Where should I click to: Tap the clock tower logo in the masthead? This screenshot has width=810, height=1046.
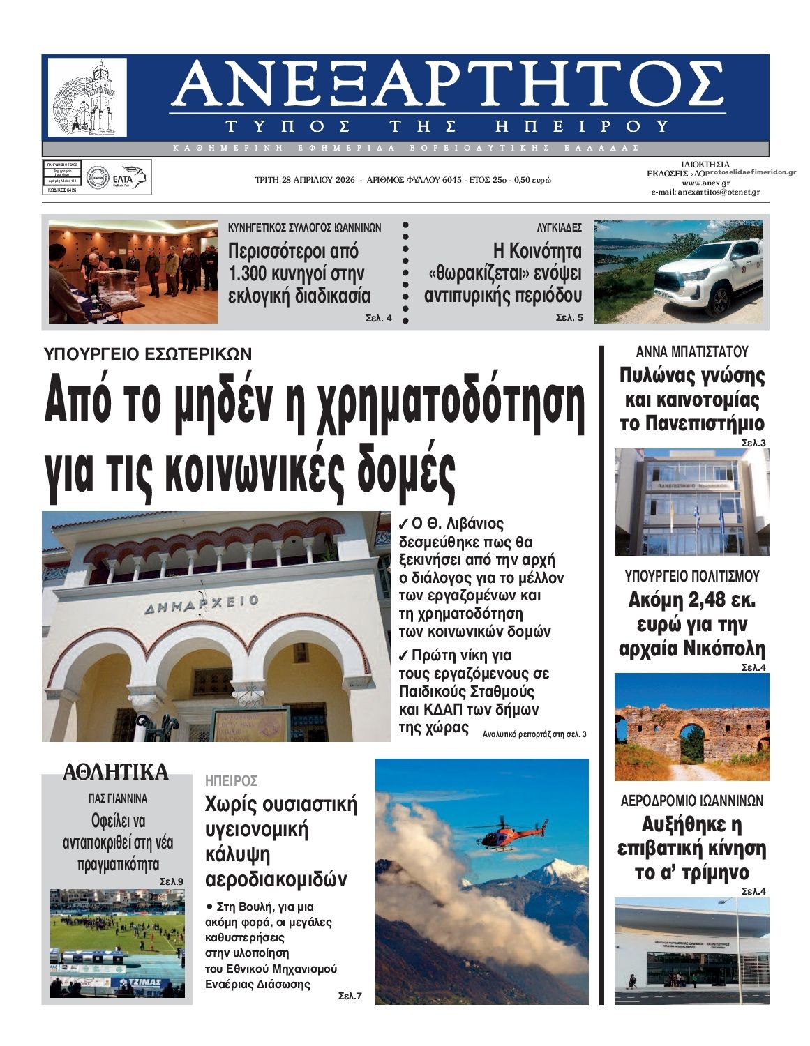88,97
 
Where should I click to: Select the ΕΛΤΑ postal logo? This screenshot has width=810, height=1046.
128,179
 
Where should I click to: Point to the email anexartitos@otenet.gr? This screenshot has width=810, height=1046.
705,192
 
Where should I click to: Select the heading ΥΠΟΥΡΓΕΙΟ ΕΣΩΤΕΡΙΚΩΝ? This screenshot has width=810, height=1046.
148,354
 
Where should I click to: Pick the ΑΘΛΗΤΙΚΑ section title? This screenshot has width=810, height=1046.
116,772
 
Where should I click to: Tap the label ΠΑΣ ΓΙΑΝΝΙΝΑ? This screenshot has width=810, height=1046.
117,798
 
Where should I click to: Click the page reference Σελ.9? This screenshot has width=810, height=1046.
172,881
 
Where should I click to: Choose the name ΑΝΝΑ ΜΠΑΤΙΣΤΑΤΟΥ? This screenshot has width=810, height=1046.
691,351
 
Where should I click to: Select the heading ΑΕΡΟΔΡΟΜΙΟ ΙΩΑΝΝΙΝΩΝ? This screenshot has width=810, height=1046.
691,801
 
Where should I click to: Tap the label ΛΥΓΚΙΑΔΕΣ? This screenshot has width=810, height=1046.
559,227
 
